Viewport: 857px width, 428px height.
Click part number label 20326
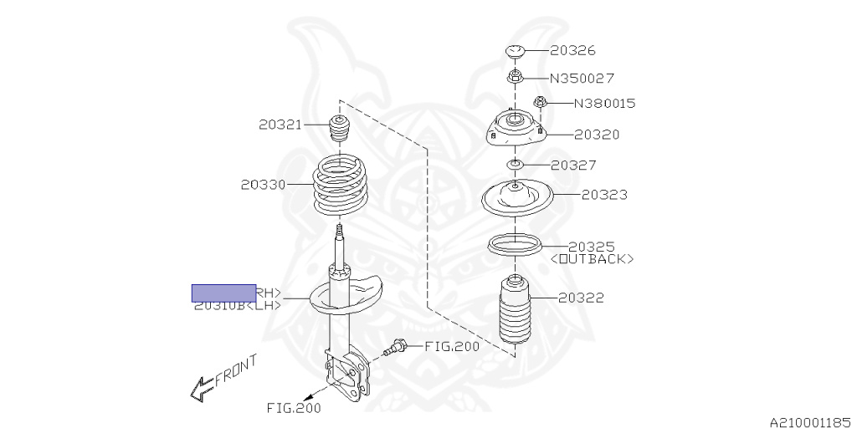572,51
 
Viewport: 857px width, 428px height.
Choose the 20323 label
604,195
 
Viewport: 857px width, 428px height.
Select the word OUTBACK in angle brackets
592,259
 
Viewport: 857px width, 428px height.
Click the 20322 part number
581,298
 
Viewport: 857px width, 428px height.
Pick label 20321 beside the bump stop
280,125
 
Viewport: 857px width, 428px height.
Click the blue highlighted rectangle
223,293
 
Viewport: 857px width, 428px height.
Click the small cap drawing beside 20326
516,53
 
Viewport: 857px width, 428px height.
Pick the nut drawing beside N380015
540,103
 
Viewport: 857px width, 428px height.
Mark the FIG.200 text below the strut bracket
293,409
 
